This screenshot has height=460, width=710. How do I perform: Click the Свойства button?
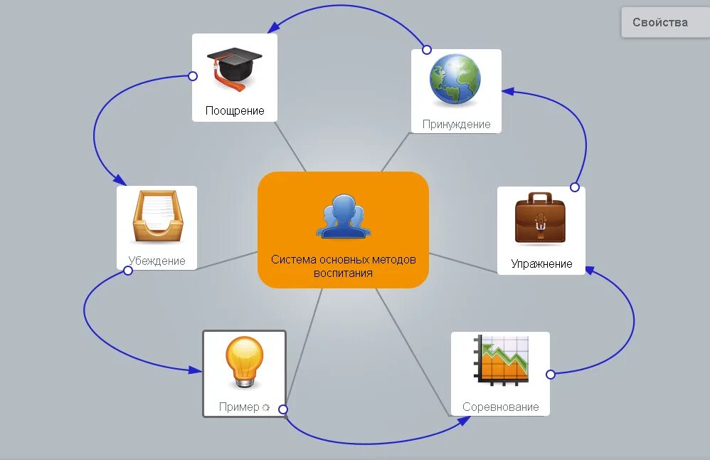tap(659, 22)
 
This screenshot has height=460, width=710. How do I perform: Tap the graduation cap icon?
tap(234, 68)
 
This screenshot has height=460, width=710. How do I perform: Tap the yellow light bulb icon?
tap(244, 362)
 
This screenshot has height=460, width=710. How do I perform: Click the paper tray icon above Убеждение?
tap(157, 217)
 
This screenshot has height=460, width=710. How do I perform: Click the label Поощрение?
tap(235, 110)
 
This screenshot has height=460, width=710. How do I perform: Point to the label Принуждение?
tap(456, 124)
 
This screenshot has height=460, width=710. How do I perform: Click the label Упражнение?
tap(541, 263)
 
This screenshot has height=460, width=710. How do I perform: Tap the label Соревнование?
tap(500, 407)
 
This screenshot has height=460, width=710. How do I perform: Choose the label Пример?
tap(239, 408)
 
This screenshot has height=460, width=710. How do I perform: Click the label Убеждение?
tap(157, 261)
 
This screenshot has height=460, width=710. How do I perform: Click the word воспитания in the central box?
tap(343, 273)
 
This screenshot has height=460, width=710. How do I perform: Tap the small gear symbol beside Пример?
tap(265, 408)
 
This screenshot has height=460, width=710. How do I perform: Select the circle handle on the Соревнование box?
tap(550, 375)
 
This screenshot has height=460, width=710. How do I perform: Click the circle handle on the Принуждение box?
tap(427, 50)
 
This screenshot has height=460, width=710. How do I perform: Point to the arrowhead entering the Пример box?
tap(196, 370)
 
